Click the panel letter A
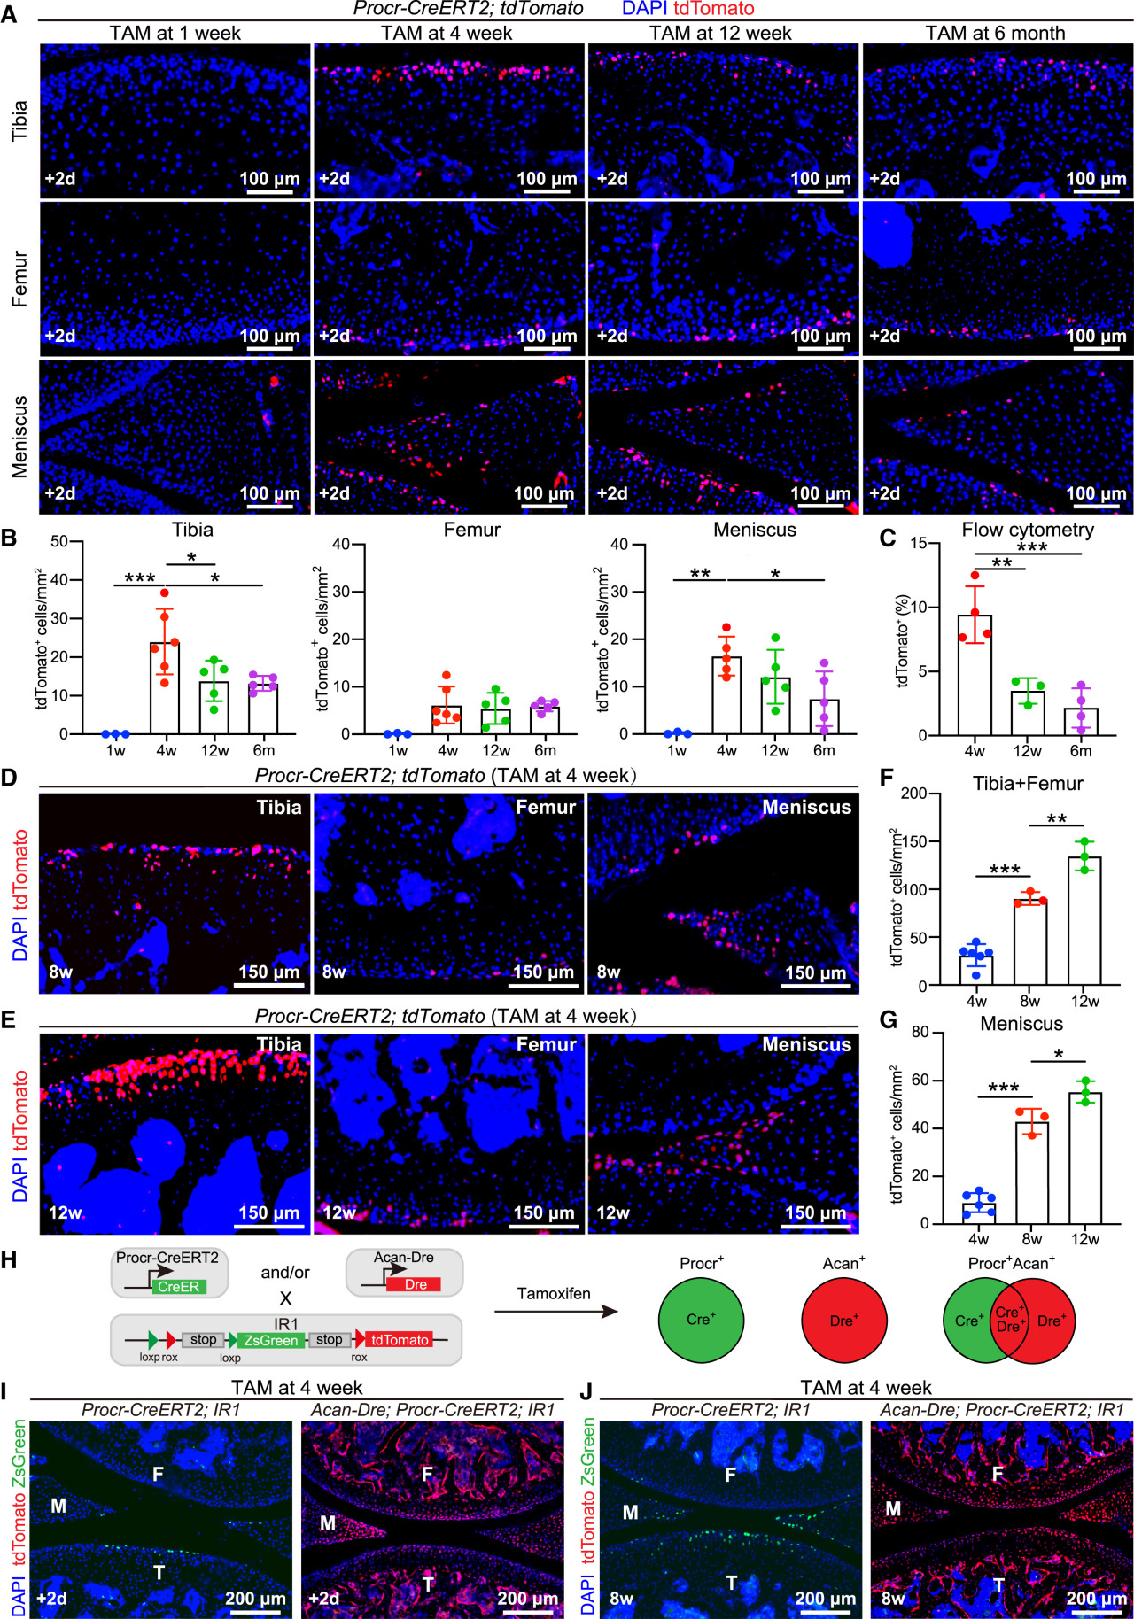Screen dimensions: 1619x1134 [x=9, y=16]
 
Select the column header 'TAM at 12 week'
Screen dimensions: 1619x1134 [x=720, y=33]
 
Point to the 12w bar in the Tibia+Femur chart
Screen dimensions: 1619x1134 [x=1084, y=921]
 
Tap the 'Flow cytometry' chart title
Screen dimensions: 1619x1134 [x=1028, y=530]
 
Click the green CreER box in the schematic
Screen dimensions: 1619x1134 [x=179, y=1287]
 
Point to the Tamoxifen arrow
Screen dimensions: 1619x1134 [x=555, y=1312]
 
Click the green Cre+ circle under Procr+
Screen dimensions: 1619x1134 [x=700, y=1320]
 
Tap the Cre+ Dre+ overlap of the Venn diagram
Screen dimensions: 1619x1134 [x=1009, y=1320]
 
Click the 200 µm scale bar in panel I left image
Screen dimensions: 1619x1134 [x=255, y=1609]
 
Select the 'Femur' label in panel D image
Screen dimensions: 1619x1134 [x=546, y=807]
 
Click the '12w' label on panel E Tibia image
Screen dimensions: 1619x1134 [x=65, y=1212]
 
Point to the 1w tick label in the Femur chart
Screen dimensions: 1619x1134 [x=398, y=751]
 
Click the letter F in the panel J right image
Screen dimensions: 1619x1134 [x=998, y=1475]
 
